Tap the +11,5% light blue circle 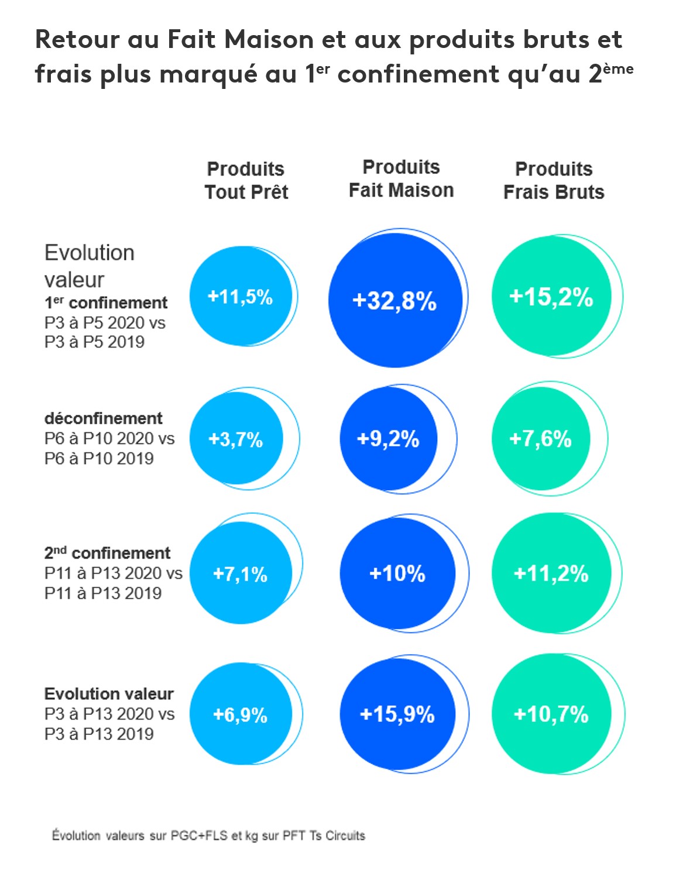pos(241,297)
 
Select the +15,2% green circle pos(551,297)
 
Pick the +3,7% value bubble pos(236,439)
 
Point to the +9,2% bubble pos(388,439)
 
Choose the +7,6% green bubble pos(540,439)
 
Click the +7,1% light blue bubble pos(241,574)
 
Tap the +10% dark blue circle pos(397,574)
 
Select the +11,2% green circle pos(551,574)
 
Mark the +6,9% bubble pos(241,714)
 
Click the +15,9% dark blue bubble pos(397,714)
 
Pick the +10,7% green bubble pos(551,714)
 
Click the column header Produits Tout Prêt pos(246,180)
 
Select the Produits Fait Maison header pos(401,178)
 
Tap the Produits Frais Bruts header pos(554,180)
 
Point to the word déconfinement pos(104,418)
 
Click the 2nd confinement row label pos(107,553)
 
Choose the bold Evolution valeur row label pos(109,694)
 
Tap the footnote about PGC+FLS pos(208,835)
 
